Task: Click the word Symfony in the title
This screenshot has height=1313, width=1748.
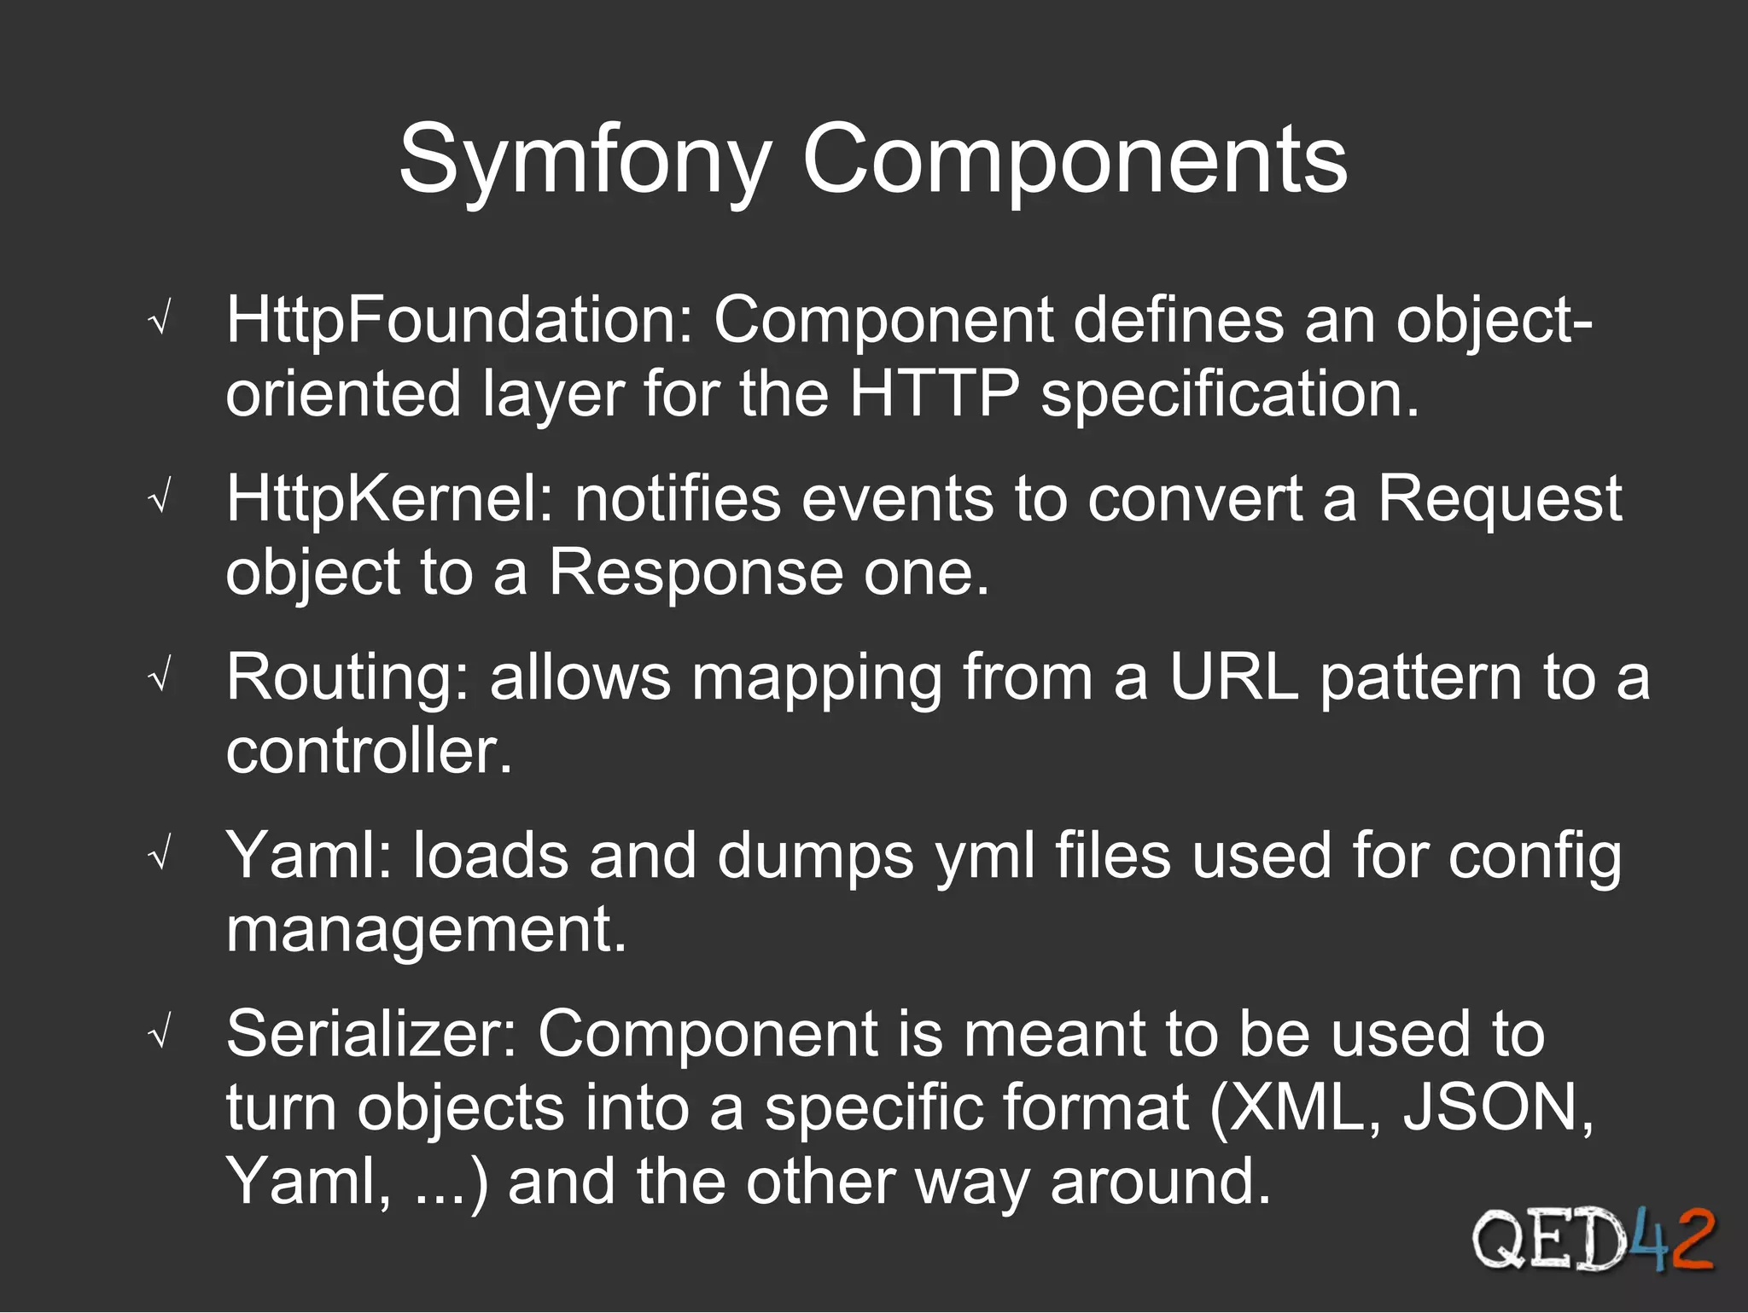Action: click(585, 160)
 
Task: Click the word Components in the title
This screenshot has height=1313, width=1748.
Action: click(1075, 160)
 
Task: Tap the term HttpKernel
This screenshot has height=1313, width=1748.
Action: click(389, 499)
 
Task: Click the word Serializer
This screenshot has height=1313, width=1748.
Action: click(371, 1035)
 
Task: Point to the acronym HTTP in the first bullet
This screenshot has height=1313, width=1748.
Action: click(935, 394)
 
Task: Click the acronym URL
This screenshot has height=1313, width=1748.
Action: click(1234, 678)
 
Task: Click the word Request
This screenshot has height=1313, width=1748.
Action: click(1500, 499)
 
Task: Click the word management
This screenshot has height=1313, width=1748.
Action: click(425, 930)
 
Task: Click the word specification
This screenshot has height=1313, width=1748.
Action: click(1230, 394)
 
